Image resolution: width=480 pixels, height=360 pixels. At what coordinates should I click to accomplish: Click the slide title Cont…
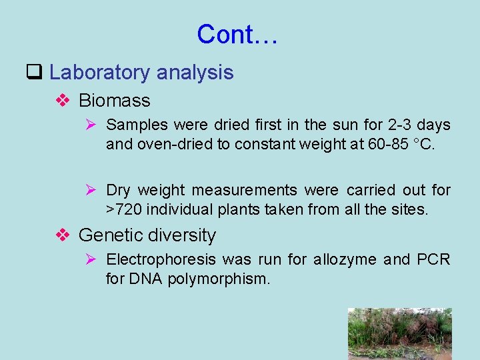(x=237, y=34)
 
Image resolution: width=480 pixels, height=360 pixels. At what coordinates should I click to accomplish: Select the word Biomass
(x=114, y=101)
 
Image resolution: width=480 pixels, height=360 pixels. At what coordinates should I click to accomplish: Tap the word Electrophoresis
(x=161, y=259)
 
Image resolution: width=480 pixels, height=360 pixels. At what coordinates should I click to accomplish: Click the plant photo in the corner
(x=399, y=333)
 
